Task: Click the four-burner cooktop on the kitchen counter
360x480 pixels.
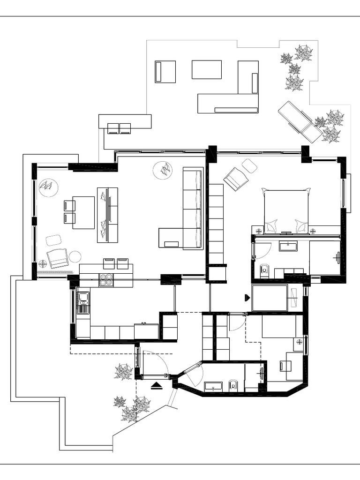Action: tap(106, 280)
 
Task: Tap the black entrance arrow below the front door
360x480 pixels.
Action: tap(157, 386)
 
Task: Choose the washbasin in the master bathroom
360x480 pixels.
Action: tap(288, 246)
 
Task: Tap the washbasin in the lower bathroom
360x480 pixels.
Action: tap(213, 387)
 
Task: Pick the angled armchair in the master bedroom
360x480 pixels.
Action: tap(235, 179)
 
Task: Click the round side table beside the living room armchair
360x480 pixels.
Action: tap(75, 256)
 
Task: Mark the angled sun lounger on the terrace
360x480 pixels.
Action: tap(300, 122)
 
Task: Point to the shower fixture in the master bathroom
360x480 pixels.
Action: tap(337, 257)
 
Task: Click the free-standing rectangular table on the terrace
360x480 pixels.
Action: tap(206, 69)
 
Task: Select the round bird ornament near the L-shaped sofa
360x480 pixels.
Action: tap(163, 170)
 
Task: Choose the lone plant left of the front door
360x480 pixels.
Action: tap(124, 372)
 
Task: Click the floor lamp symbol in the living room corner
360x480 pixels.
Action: tap(43, 263)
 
